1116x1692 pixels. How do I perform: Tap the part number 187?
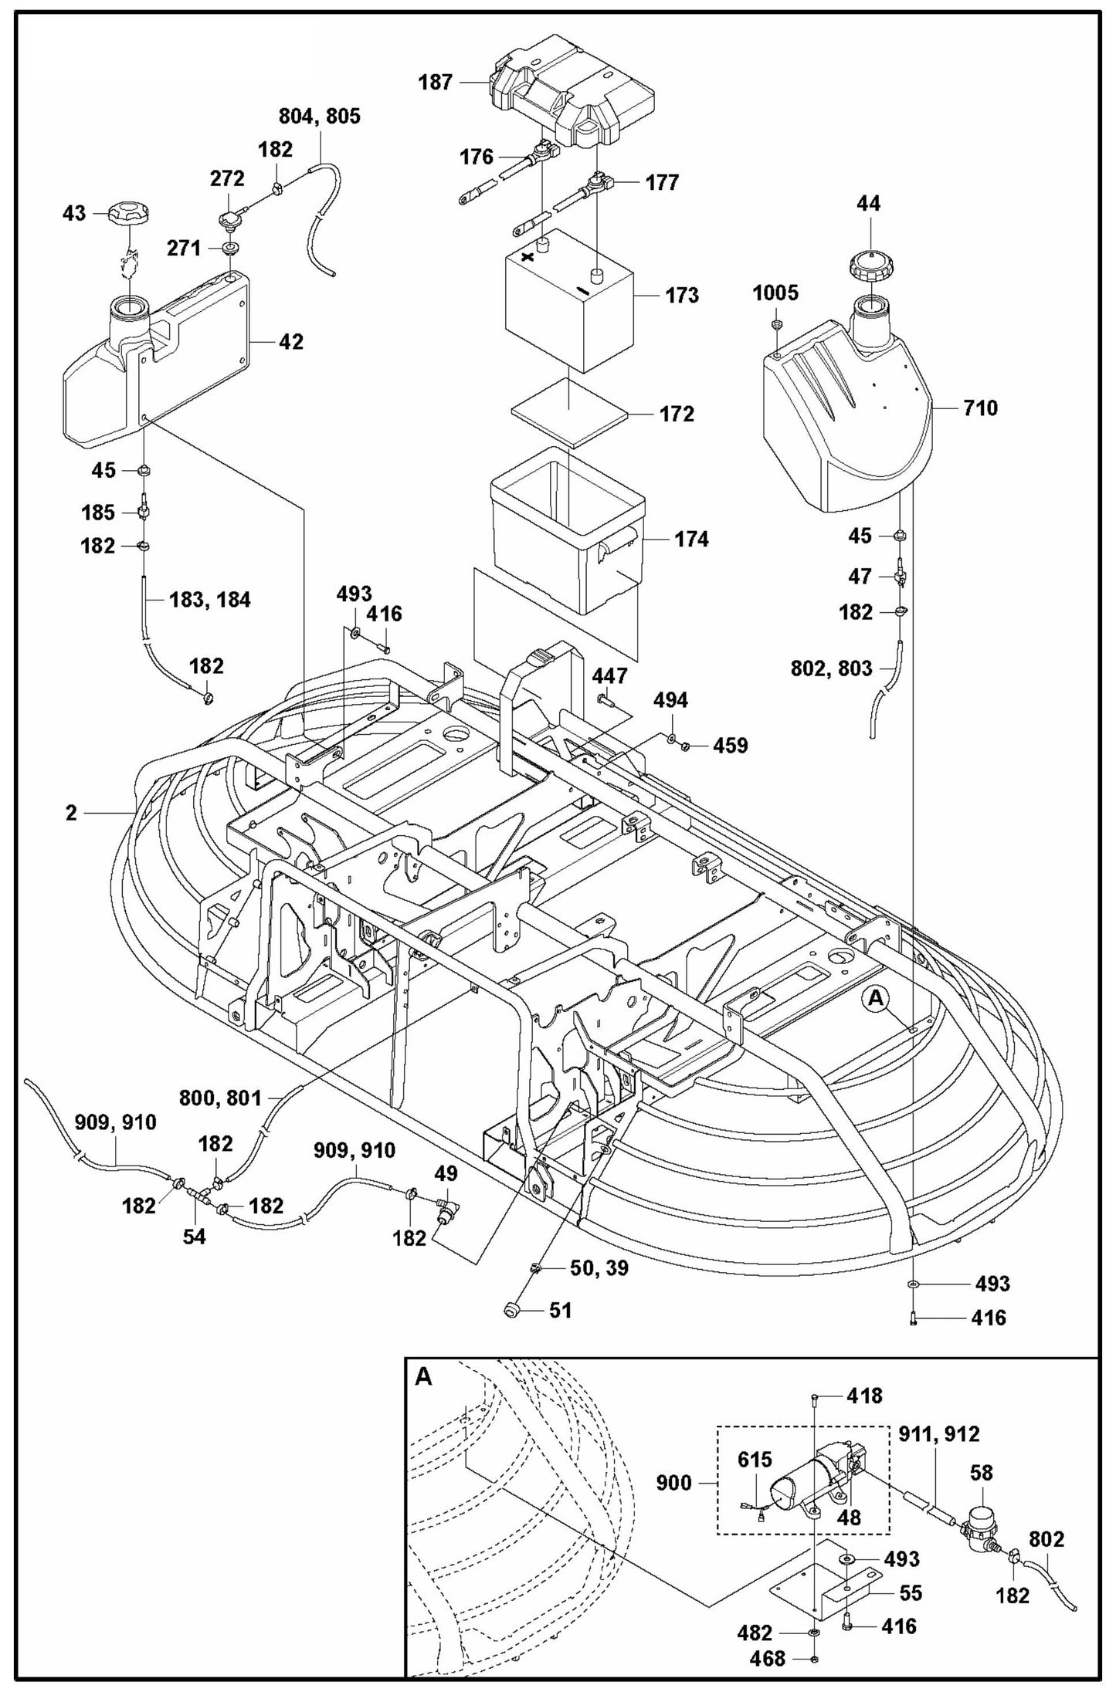(x=436, y=82)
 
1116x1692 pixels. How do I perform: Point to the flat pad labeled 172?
(x=568, y=414)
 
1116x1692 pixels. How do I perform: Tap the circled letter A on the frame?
(x=875, y=998)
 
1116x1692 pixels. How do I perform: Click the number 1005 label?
(x=775, y=293)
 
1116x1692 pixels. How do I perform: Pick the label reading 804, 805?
(x=319, y=117)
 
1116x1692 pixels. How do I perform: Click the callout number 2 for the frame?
(x=71, y=813)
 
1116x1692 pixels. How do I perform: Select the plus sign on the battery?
(x=529, y=257)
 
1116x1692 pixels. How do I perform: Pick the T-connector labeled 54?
(x=204, y=1199)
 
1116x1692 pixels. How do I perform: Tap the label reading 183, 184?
(x=209, y=599)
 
